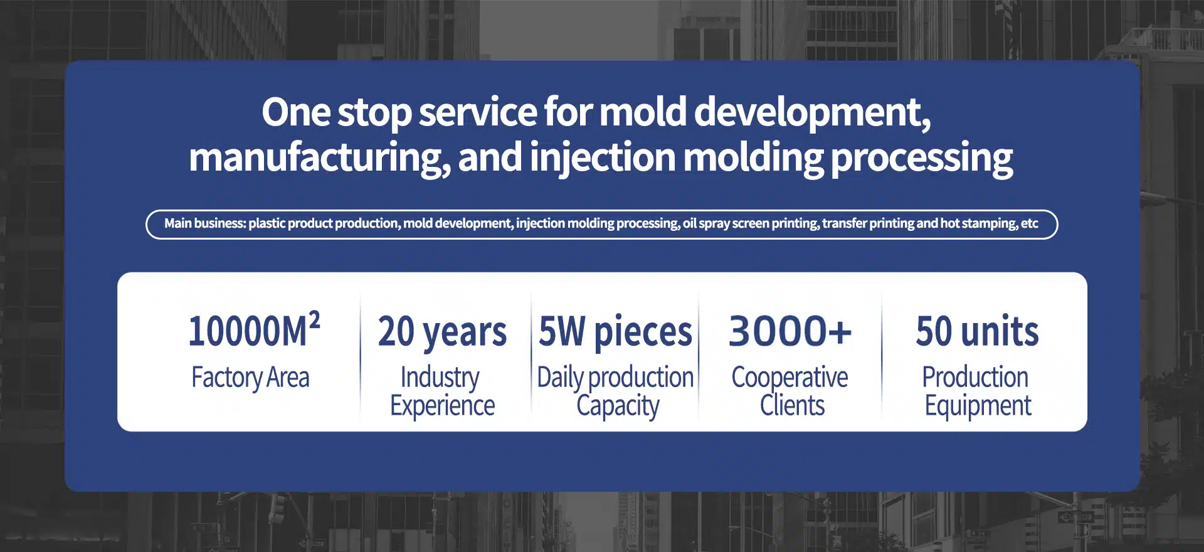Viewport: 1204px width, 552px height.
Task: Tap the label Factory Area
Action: (250, 378)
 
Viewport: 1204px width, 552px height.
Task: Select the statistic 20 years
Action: (442, 332)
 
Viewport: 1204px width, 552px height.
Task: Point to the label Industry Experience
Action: (442, 391)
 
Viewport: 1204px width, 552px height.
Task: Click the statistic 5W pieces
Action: (615, 332)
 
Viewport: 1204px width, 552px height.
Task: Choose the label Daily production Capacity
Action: (616, 391)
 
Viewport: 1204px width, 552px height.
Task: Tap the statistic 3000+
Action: (790, 331)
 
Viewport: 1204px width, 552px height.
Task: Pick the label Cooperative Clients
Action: (790, 391)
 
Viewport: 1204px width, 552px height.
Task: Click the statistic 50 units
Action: (977, 331)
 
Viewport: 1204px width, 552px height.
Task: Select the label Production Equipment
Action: (977, 391)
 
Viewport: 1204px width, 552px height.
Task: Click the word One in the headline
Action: (296, 112)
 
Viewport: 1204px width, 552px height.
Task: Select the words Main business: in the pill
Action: (205, 223)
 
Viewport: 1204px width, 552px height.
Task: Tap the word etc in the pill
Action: (1030, 223)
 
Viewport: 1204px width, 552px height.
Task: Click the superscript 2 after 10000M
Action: (314, 320)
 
